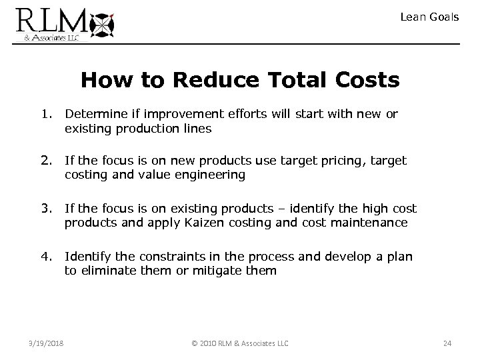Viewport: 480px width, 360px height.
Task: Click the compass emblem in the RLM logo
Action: [102, 24]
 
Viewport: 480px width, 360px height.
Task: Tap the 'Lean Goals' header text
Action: [429, 17]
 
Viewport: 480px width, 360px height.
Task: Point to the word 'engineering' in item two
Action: [213, 175]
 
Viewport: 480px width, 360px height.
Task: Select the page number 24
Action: [447, 343]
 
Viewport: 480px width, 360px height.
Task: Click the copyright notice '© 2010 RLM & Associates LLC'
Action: [239, 343]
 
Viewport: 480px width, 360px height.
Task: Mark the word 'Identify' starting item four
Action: [87, 257]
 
